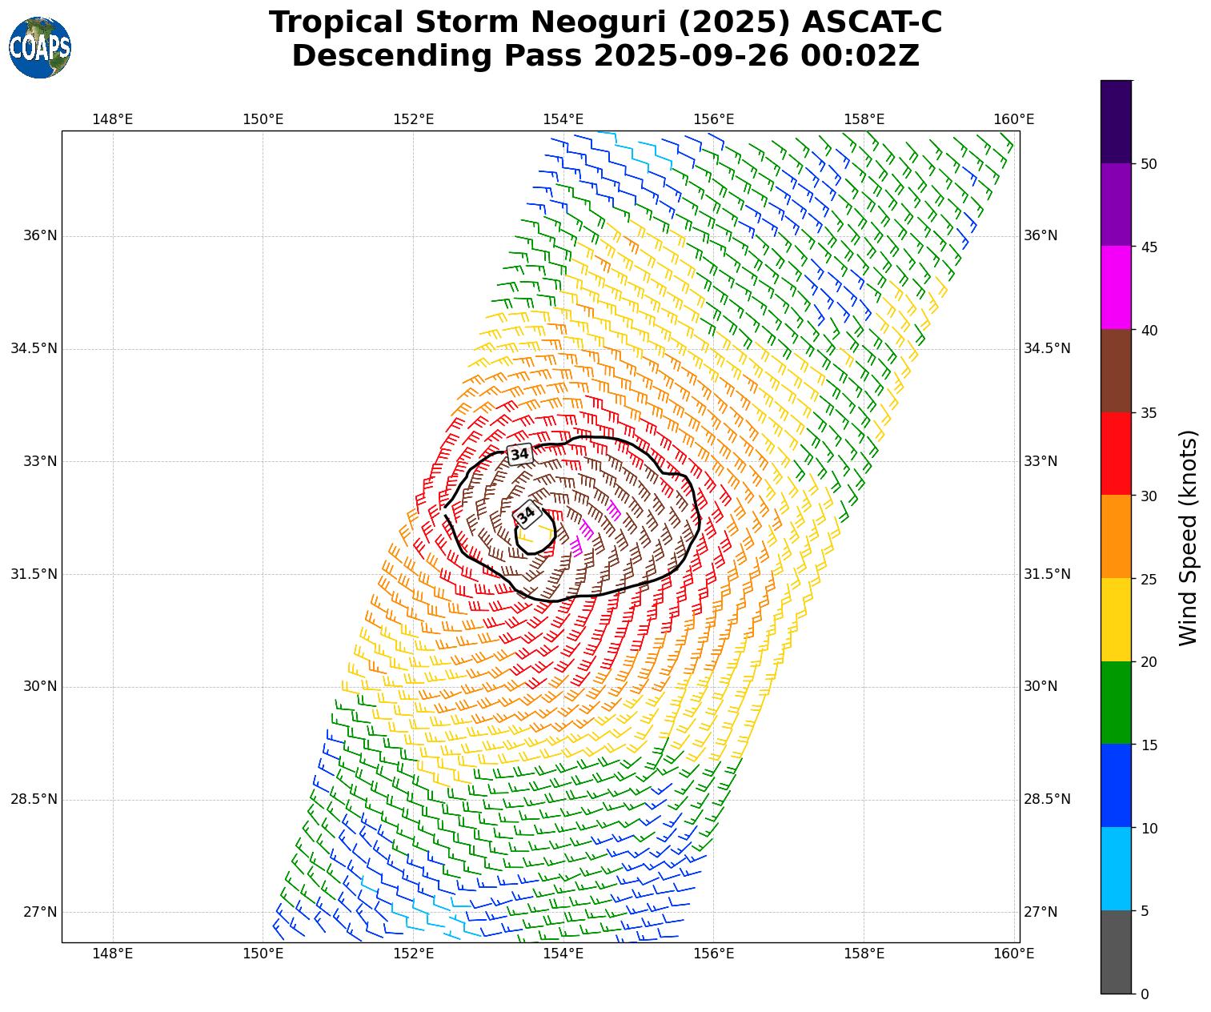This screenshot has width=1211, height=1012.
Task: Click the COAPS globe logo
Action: pos(40,47)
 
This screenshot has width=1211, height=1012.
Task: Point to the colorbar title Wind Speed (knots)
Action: pos(1189,537)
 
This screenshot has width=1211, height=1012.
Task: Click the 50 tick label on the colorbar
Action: pos(1149,164)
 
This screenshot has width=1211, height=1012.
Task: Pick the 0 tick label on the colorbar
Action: pos(1145,994)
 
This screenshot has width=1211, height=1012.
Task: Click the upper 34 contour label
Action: pos(519,454)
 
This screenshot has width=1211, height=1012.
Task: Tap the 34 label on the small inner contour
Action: pos(526,515)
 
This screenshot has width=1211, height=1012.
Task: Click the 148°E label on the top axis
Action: pos(113,119)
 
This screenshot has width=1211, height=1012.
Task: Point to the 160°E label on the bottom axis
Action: pos(1013,953)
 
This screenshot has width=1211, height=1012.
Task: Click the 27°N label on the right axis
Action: pos(1041,912)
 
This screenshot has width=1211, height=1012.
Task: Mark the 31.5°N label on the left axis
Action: pos(34,574)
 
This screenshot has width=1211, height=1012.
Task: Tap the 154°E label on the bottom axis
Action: pos(563,953)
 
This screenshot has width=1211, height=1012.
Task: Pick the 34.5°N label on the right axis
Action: pos(1046,349)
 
